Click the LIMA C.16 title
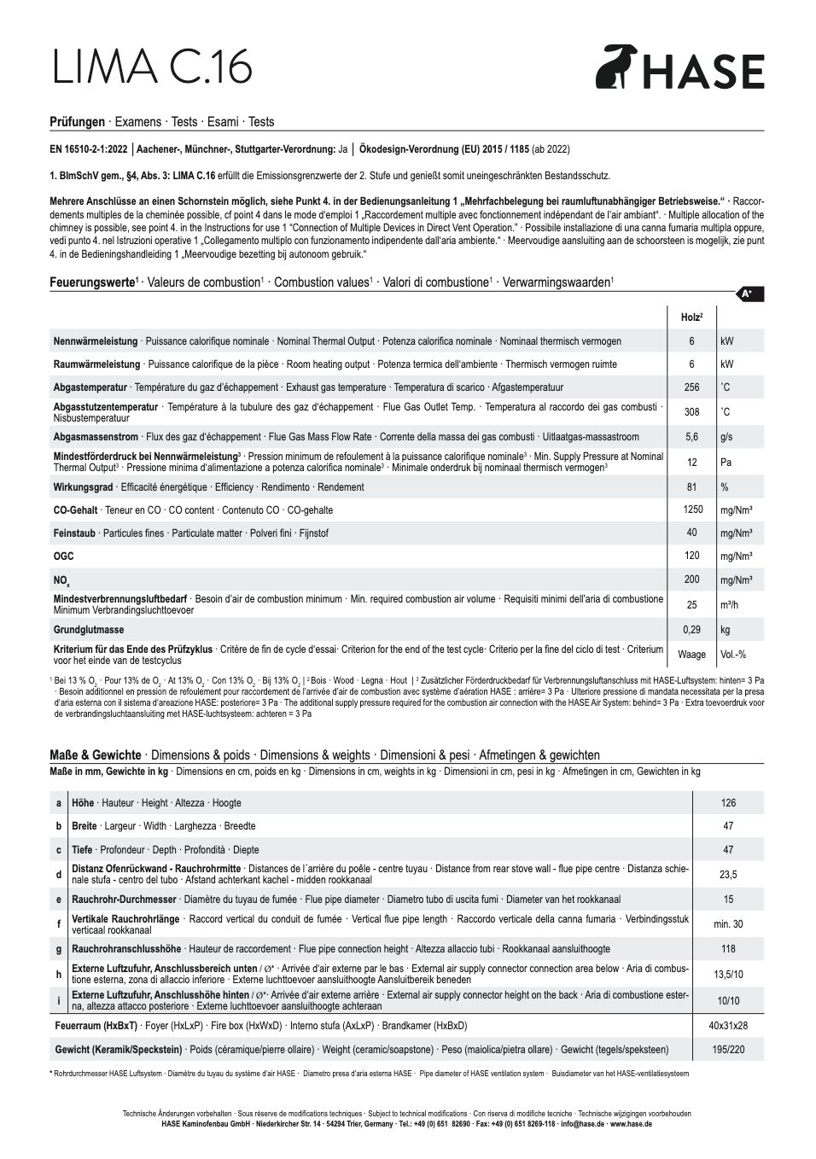click(x=152, y=67)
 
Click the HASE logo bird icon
click(x=613, y=67)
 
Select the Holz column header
click(x=691, y=317)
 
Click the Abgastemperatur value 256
click(x=691, y=387)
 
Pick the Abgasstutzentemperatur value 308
click(x=691, y=412)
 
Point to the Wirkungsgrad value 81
click(x=691, y=487)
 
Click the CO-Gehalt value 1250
click(x=692, y=510)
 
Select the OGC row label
click(x=63, y=556)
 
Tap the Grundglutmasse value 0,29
click(x=691, y=629)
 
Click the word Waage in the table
click(x=691, y=655)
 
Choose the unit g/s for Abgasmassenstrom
click(x=726, y=437)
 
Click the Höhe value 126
click(x=728, y=803)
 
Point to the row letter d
click(x=59, y=875)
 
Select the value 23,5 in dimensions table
click(x=728, y=875)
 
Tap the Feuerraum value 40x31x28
click(x=728, y=1026)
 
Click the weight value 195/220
click(x=728, y=1050)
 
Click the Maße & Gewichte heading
click(x=96, y=755)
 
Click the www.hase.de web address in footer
click(x=632, y=1124)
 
